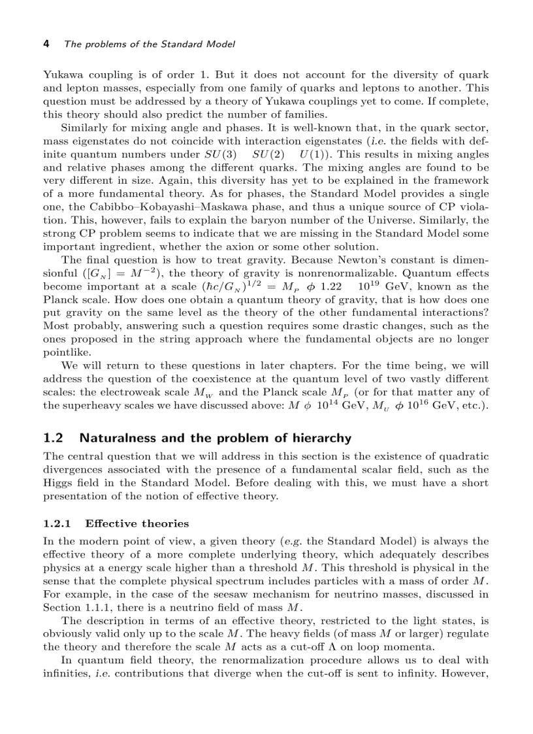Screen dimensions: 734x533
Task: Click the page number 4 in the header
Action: (x=46, y=44)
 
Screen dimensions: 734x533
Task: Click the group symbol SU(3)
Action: (x=221, y=154)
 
